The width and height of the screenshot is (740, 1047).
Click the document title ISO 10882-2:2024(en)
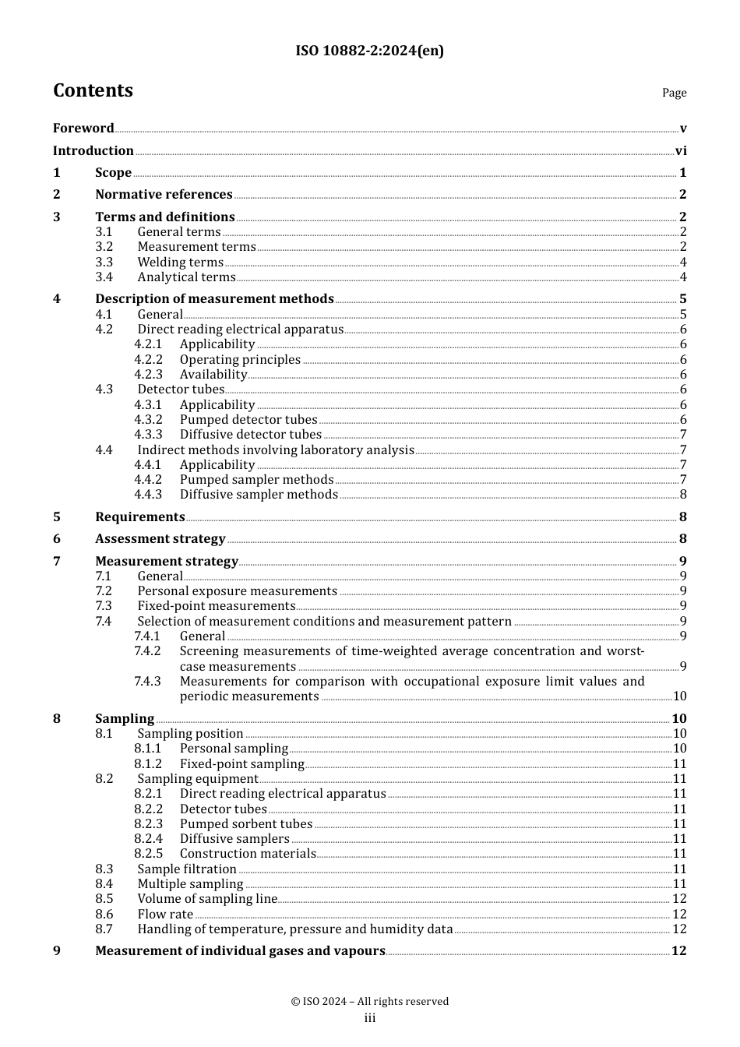coord(369,51)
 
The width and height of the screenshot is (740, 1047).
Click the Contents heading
coord(93,91)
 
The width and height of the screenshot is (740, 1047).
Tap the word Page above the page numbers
coord(674,93)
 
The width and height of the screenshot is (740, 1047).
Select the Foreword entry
coord(83,129)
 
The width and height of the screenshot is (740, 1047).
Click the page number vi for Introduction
coord(681,151)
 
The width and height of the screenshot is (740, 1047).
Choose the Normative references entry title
coord(164,195)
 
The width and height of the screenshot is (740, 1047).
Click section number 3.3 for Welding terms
coord(104,263)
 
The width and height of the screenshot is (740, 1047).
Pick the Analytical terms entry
coord(186,277)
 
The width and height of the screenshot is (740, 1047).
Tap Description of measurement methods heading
coord(214,299)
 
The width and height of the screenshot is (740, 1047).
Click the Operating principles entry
coord(240,360)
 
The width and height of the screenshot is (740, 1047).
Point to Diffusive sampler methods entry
coord(259,495)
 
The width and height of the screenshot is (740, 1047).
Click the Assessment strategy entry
coord(160,539)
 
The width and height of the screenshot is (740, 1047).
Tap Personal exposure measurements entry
coord(237,591)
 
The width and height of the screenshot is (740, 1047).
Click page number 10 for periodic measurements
coord(679,696)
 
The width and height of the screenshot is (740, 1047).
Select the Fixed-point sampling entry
coord(241,764)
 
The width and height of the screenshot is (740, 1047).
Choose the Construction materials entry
coord(248,854)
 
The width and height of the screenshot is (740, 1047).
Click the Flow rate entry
coord(165,915)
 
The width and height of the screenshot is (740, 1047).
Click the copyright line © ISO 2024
coord(369,1002)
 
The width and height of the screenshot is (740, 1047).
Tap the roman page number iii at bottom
coord(370,1018)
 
